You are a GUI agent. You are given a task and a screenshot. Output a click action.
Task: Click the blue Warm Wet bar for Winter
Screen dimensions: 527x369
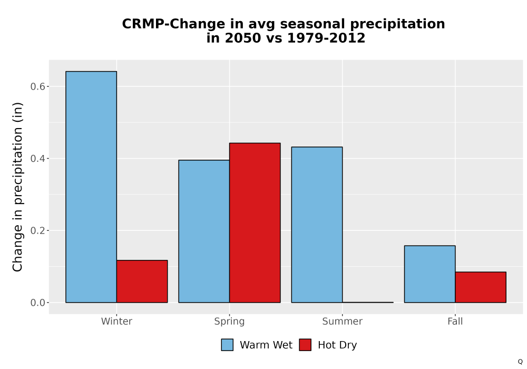coord(91,187)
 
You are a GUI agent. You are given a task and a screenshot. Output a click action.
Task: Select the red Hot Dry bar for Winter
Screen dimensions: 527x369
coord(142,281)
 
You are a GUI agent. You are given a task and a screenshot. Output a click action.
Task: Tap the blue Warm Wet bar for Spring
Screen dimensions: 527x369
coord(204,231)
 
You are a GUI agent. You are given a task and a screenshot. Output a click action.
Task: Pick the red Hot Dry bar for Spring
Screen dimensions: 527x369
coord(255,223)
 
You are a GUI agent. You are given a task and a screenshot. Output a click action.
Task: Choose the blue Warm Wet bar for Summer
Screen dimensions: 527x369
coord(317,225)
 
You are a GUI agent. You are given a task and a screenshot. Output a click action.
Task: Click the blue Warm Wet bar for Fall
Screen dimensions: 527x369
coord(430,274)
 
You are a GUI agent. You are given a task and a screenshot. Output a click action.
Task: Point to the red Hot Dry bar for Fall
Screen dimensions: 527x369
coord(481,287)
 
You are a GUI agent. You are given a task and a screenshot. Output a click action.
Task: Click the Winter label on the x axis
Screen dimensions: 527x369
coord(116,321)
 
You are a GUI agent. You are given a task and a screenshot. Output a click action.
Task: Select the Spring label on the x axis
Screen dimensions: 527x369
coord(230,322)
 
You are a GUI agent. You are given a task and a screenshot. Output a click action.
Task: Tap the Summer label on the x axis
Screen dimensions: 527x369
coord(343,321)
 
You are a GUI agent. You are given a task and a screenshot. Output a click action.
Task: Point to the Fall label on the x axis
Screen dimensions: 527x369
coord(455,321)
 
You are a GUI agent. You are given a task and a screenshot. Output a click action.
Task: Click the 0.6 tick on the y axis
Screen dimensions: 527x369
coord(37,86)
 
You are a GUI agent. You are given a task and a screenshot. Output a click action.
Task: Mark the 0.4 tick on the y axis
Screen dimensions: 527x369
coord(37,158)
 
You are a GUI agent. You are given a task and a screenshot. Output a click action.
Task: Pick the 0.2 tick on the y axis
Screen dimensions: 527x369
coord(37,230)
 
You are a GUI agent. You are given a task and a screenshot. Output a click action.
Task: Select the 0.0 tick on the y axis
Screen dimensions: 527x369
coord(37,303)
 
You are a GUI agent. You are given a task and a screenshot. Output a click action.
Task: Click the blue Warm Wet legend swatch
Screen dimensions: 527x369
coord(227,345)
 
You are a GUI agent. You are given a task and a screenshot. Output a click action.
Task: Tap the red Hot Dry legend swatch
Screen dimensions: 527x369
coord(305,345)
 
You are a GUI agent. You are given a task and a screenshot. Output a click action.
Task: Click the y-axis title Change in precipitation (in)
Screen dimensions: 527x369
coord(17,187)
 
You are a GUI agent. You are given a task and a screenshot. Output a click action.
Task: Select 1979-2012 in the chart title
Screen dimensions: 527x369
coord(326,38)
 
